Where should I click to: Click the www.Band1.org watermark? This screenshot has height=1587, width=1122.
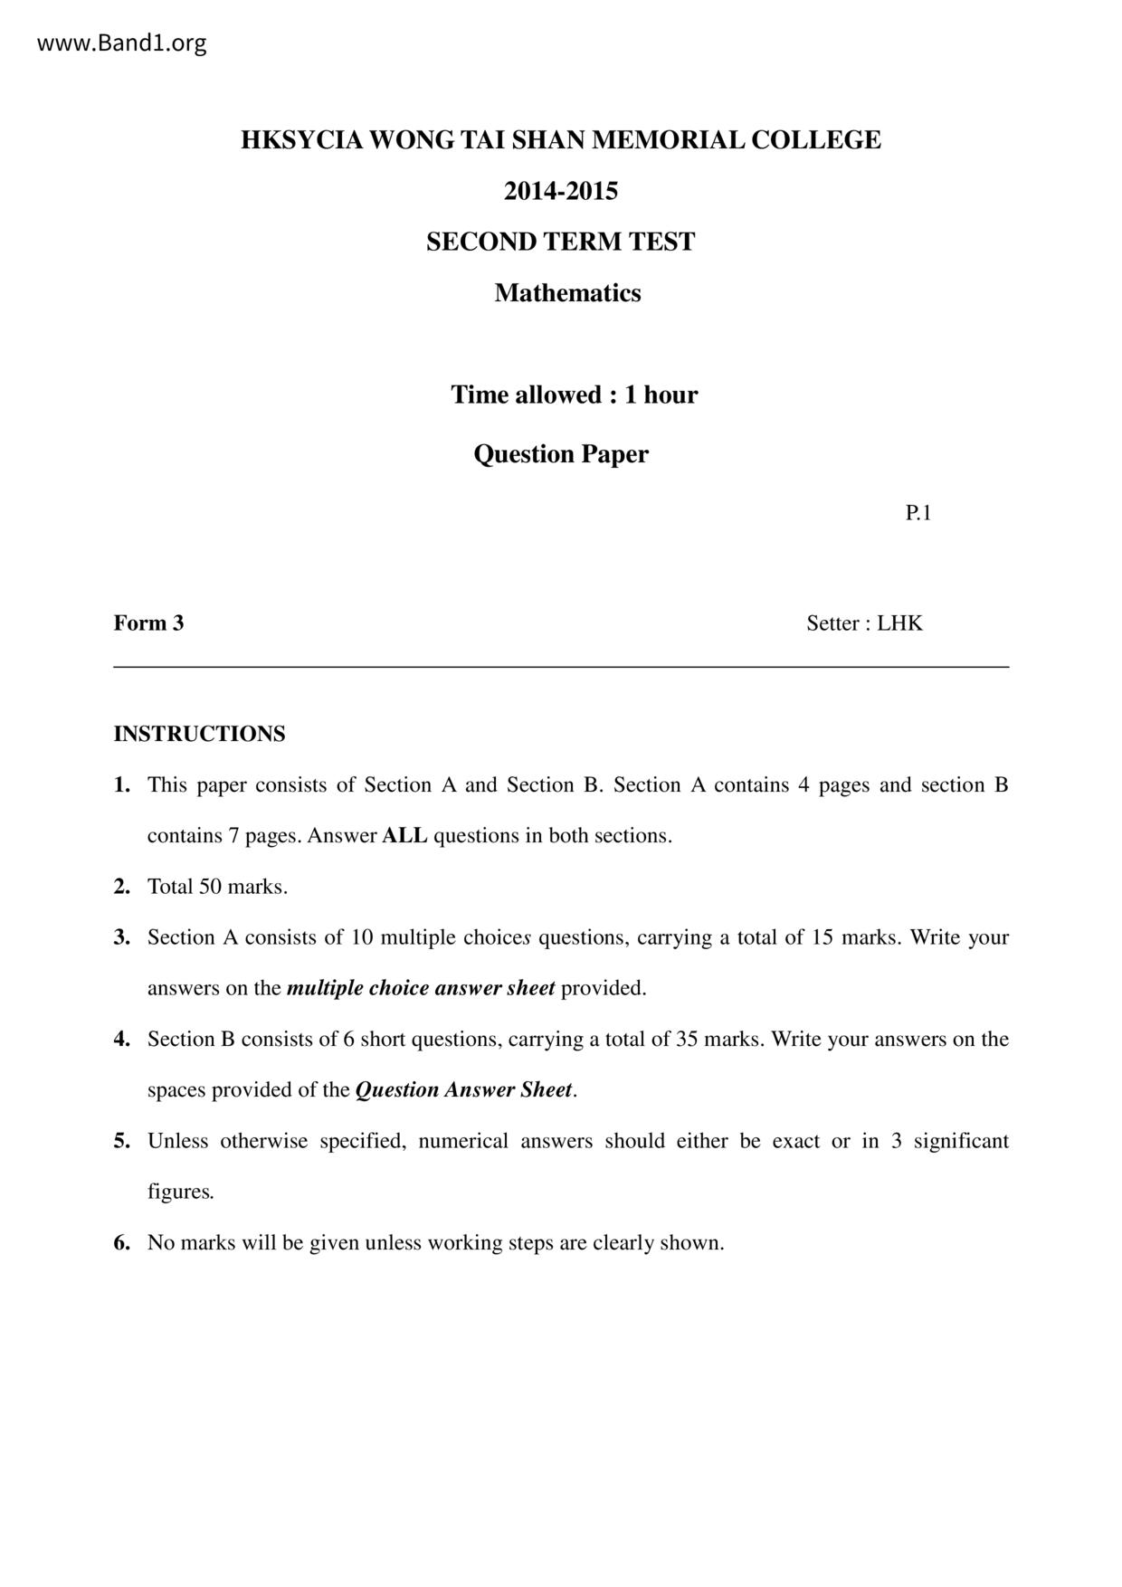click(121, 43)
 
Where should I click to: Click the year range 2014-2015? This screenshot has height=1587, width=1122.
click(561, 191)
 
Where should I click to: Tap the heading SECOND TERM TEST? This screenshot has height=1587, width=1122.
click(561, 242)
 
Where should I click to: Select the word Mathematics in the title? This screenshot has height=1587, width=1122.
click(567, 293)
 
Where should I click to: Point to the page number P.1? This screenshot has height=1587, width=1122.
click(918, 513)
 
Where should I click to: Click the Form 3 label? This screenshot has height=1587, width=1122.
click(148, 622)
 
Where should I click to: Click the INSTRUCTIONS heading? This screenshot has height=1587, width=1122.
click(199, 734)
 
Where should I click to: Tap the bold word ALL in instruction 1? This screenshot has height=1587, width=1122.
click(404, 835)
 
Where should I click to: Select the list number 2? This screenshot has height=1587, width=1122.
click(122, 887)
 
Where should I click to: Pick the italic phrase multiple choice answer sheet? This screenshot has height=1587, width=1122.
click(421, 988)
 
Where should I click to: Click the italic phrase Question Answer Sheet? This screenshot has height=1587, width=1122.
click(464, 1089)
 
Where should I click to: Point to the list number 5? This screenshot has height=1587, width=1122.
click(122, 1141)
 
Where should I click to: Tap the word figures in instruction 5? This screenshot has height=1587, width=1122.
click(180, 1192)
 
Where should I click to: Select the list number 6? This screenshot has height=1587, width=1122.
click(122, 1242)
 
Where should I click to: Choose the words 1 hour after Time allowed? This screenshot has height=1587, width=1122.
click(661, 394)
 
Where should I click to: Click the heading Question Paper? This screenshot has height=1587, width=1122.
click(561, 453)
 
